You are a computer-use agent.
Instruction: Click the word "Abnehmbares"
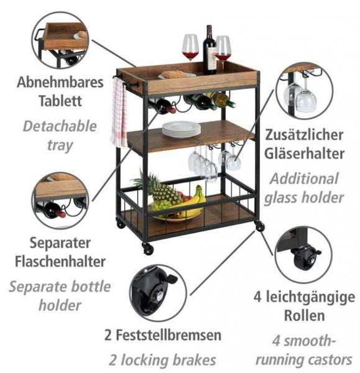pos(60,82)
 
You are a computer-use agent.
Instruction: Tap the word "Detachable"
pos(60,126)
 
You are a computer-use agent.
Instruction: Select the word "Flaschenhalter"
pos(60,262)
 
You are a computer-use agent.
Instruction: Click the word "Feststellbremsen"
pos(168,335)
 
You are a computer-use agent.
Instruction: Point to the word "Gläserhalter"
pos(304,154)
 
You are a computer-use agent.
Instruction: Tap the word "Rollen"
pos(304,315)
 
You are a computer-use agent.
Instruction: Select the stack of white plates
pos(182,129)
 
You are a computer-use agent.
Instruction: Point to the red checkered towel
pos(119,112)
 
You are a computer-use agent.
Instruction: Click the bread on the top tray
pos(175,74)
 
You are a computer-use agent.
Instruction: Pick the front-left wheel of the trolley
pos(148,248)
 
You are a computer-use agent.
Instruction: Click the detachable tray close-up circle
pos(60,40)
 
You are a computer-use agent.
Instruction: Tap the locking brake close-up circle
pos(158,293)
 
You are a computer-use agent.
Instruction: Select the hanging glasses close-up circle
pos(304,91)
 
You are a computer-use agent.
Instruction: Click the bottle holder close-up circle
pos(60,201)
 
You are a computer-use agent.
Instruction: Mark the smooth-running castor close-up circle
pos(303,254)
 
